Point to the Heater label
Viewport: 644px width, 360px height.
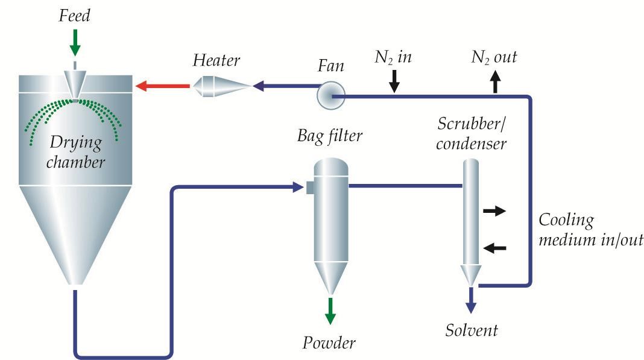216,60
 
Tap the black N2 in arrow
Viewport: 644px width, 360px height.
394,81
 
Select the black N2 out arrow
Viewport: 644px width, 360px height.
496,81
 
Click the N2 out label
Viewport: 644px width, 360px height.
494,58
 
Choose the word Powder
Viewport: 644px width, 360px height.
329,343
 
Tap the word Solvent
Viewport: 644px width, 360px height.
472,330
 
